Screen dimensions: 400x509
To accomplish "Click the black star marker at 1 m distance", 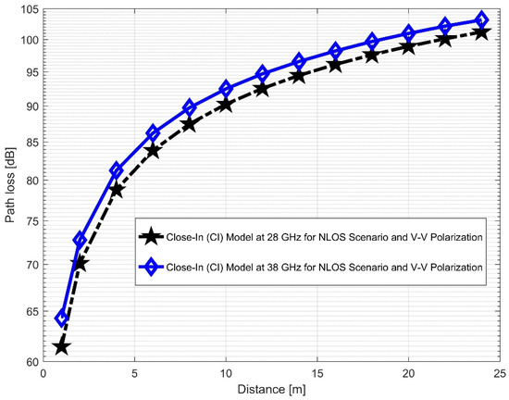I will click(x=62, y=346).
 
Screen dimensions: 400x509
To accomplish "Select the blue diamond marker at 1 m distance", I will click(x=62, y=318).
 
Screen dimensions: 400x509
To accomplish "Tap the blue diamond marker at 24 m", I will click(x=481, y=20).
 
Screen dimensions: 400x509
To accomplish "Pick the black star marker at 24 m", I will click(x=481, y=32).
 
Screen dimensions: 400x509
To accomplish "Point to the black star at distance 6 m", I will click(x=153, y=150).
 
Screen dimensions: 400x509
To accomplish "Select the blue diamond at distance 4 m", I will click(x=117, y=170).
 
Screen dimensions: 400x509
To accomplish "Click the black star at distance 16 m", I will click(x=335, y=65).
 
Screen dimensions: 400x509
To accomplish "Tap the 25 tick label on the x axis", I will click(x=499, y=375).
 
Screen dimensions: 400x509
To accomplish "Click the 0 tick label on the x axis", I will click(x=43, y=375).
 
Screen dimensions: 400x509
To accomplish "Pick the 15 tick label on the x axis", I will click(x=317, y=375).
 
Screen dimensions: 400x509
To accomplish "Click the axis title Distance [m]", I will click(x=271, y=391).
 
